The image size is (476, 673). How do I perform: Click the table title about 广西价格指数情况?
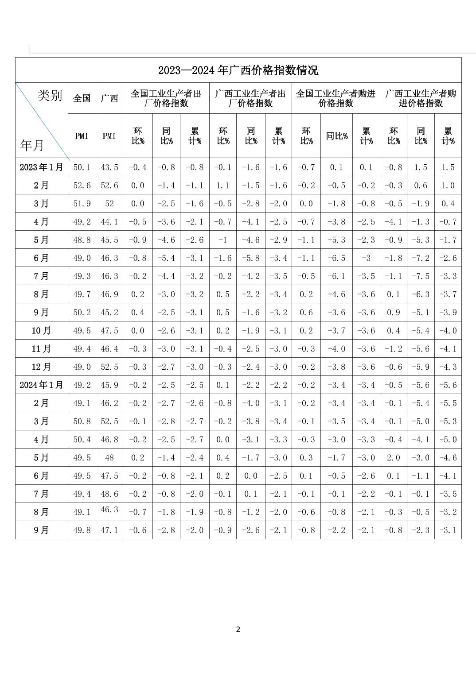(x=238, y=70)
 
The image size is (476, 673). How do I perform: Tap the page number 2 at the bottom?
(x=238, y=629)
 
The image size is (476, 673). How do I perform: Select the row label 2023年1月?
(x=41, y=167)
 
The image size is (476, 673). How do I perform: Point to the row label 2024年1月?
(x=41, y=385)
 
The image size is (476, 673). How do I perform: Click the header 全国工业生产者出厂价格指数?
(x=166, y=98)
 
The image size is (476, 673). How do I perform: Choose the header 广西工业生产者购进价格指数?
(x=421, y=98)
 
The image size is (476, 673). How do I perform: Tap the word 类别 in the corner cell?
(x=49, y=96)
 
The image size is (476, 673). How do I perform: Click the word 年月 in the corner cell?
(x=32, y=145)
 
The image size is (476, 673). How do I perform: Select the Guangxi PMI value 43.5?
(x=109, y=167)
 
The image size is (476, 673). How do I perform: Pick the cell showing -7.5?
(x=421, y=276)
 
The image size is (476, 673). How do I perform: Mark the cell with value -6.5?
(x=336, y=258)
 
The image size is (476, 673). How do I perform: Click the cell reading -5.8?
(x=251, y=258)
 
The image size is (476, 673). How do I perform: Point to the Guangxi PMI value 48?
(x=109, y=458)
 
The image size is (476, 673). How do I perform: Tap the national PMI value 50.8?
(x=82, y=422)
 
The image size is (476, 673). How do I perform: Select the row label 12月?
(x=41, y=367)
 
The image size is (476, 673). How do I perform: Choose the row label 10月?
(x=41, y=331)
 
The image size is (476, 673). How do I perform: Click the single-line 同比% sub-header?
(x=336, y=136)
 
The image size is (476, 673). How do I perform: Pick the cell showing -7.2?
(x=421, y=258)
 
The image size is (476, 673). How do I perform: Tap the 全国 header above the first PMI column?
(x=82, y=98)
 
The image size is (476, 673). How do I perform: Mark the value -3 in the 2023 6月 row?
(x=366, y=258)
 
